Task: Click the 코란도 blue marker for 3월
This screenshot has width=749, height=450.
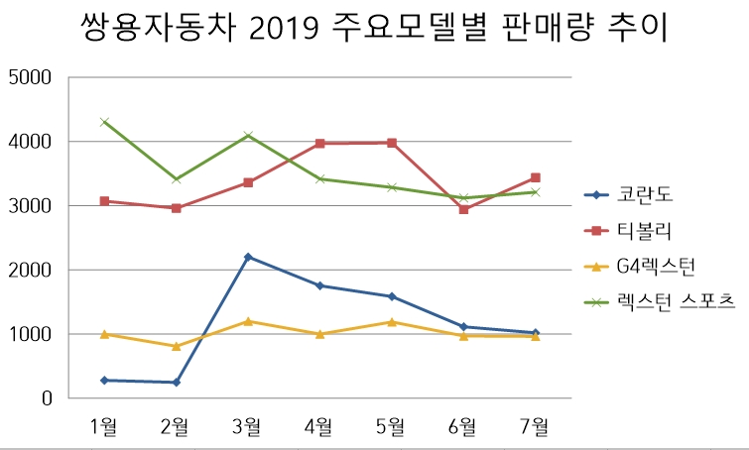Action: tap(248, 257)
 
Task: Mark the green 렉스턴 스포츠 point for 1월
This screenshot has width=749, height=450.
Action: tap(104, 122)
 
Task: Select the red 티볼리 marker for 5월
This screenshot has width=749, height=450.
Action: tap(392, 143)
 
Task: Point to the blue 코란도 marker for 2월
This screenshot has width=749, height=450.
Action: tap(177, 383)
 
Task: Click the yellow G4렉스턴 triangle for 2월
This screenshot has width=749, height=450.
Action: tap(177, 346)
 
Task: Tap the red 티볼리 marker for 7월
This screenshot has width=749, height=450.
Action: tap(536, 177)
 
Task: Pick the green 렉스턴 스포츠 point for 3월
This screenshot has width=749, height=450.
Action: tap(248, 135)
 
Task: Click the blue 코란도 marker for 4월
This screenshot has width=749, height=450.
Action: tap(319, 285)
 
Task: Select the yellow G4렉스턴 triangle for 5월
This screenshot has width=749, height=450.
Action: tap(392, 321)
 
